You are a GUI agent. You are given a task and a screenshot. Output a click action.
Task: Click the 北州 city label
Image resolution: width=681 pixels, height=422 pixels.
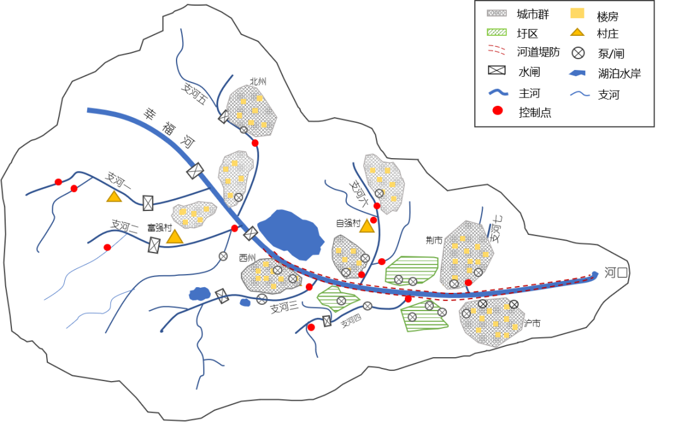click(x=258, y=82)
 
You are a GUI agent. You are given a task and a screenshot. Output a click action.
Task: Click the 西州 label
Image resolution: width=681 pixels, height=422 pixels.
click(x=247, y=258)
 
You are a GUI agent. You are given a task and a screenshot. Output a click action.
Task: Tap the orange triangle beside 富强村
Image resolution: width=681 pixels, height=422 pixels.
click(x=175, y=237)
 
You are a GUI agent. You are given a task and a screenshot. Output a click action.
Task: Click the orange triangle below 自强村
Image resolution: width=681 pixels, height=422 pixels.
click(x=367, y=226)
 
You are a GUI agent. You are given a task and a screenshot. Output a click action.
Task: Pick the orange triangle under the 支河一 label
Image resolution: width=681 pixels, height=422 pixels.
click(x=113, y=197)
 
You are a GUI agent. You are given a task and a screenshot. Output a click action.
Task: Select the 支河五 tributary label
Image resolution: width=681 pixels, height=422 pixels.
click(x=194, y=94)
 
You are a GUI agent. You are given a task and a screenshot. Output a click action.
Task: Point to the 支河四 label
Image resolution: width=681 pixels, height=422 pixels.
click(x=352, y=323)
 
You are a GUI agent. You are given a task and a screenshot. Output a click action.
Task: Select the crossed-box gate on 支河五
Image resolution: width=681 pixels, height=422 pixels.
click(x=224, y=117)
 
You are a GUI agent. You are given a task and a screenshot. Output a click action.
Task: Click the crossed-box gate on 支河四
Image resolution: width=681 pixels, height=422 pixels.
click(x=327, y=321)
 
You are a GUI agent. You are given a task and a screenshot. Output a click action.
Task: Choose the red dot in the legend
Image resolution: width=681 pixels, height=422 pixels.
click(x=498, y=110)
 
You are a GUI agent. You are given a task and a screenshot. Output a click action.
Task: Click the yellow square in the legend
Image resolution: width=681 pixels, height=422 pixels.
click(x=577, y=13)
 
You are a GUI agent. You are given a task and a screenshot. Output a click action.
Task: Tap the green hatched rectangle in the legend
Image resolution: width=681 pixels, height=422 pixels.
click(x=497, y=32)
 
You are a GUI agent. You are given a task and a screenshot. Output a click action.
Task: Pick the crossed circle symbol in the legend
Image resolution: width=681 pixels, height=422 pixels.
click(x=578, y=53)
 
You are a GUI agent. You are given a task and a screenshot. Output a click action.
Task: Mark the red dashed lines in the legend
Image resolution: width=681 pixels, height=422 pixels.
click(x=497, y=51)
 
